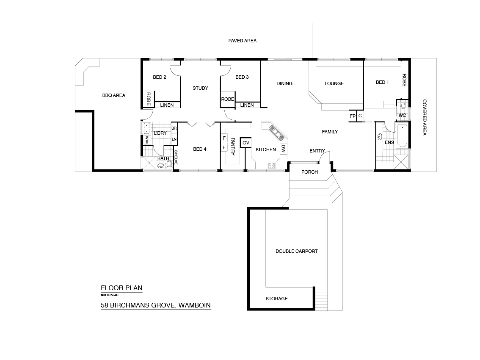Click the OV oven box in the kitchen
[x=246, y=143]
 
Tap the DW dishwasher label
[x=284, y=149]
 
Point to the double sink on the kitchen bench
[x=276, y=133]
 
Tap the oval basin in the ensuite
[x=379, y=137]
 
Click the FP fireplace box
[x=352, y=116]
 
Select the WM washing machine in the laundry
[x=147, y=138]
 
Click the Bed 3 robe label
[x=227, y=99]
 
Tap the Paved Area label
[x=243, y=41]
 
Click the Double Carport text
[x=296, y=251]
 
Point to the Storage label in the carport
[x=276, y=299]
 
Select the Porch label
[x=309, y=172]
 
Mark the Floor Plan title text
[x=121, y=288]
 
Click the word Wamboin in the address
[x=194, y=305]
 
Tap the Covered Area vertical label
[x=424, y=117]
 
